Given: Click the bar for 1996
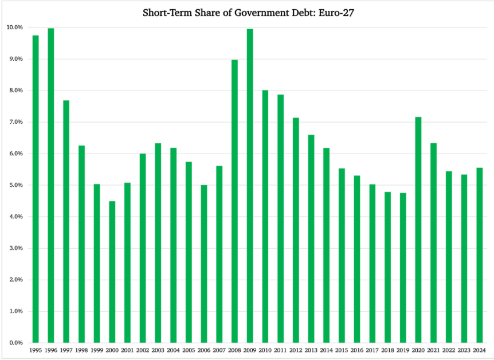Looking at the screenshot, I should coord(50,185).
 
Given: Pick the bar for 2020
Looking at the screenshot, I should coord(418,229).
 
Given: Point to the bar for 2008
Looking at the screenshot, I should coord(234,201).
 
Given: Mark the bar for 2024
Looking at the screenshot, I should coord(480,255).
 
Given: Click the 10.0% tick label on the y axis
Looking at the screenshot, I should coord(14,28).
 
